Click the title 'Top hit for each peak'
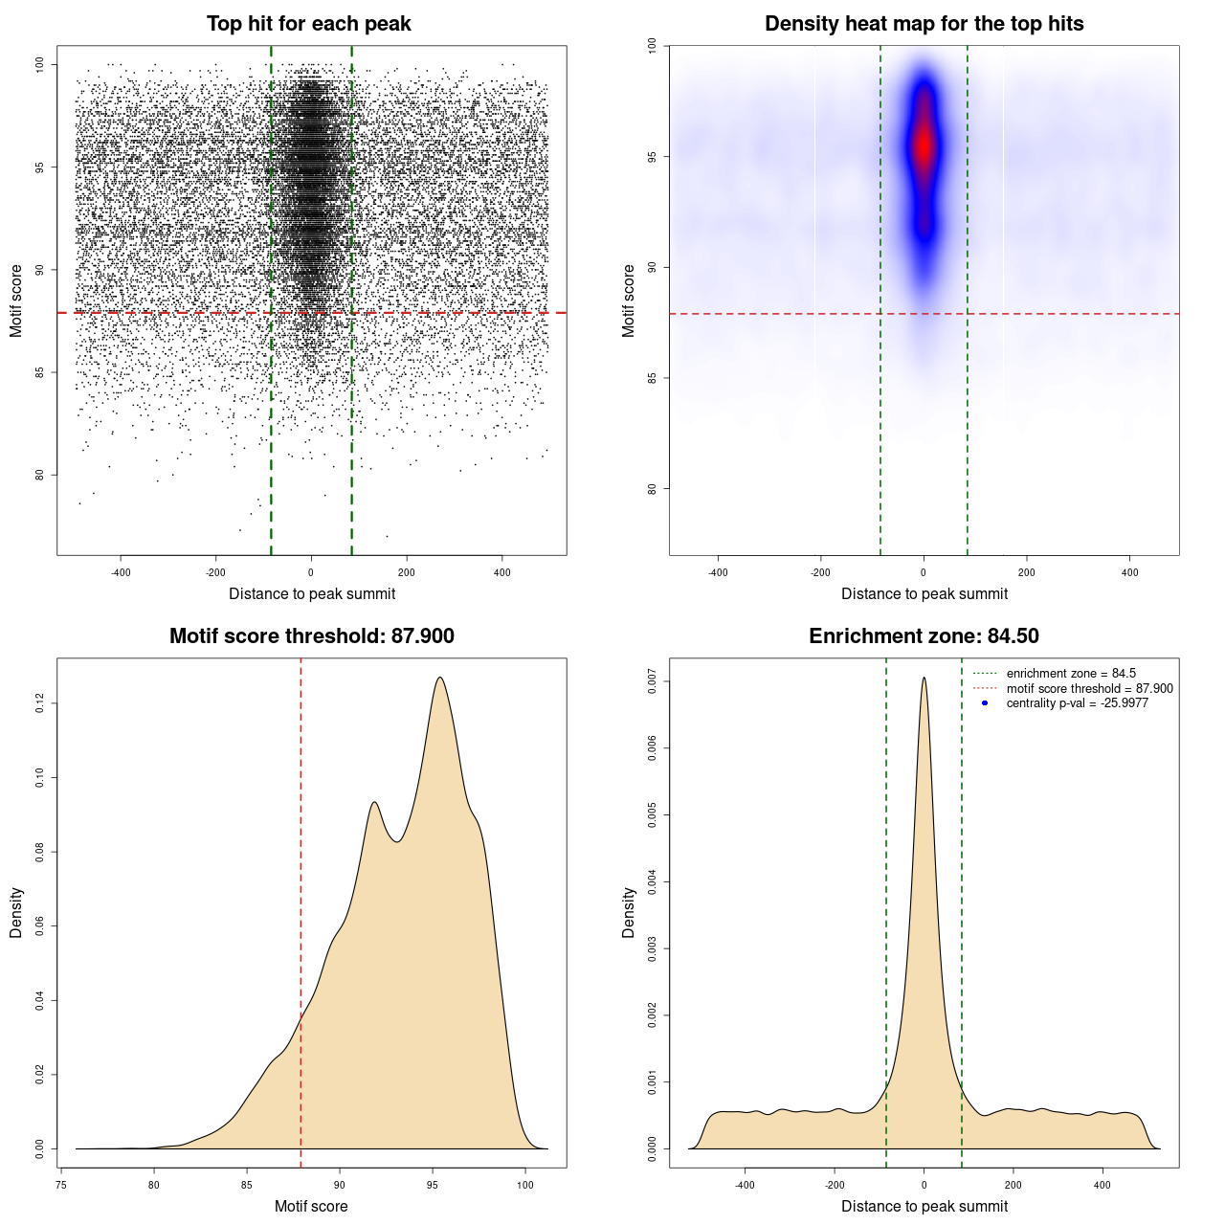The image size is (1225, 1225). pyautogui.click(x=308, y=24)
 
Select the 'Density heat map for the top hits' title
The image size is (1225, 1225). pyautogui.click(x=924, y=24)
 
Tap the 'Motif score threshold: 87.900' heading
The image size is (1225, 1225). pyautogui.click(x=311, y=636)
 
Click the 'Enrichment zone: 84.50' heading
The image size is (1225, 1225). pyautogui.click(x=924, y=636)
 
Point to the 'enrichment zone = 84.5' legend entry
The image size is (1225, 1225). pyautogui.click(x=1071, y=674)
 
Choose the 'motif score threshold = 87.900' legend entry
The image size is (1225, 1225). pyautogui.click(x=1089, y=688)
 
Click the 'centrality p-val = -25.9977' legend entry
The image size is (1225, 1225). pyautogui.click(x=1077, y=703)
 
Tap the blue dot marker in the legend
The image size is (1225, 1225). pyautogui.click(x=985, y=703)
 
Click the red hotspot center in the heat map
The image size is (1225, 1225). pyautogui.click(x=924, y=146)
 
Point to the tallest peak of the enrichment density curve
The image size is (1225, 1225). pyautogui.click(x=924, y=678)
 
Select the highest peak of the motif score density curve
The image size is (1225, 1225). pyautogui.click(x=439, y=678)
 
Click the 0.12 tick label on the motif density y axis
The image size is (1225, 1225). pyautogui.click(x=40, y=704)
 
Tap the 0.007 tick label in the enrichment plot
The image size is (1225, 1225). pyautogui.click(x=653, y=682)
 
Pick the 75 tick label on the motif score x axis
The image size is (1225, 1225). pyautogui.click(x=61, y=1185)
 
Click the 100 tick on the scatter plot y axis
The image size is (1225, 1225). pyautogui.click(x=40, y=64)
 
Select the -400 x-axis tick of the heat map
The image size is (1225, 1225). pyautogui.click(x=718, y=572)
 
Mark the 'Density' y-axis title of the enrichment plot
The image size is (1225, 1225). pyautogui.click(x=629, y=912)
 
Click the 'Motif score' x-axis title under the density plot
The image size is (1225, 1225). pyautogui.click(x=311, y=1206)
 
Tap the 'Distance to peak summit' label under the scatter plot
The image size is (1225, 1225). pyautogui.click(x=312, y=593)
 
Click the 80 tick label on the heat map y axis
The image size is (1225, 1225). pyautogui.click(x=653, y=489)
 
